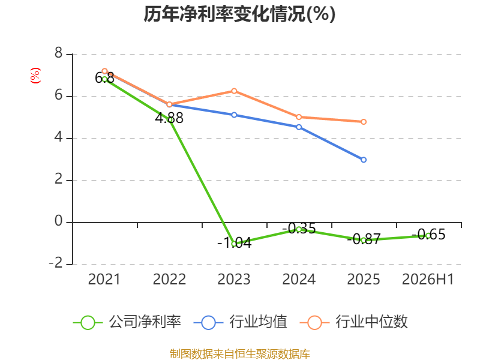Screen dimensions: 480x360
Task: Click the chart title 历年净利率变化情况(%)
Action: tap(239, 14)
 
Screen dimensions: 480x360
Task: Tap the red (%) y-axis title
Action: tap(35, 76)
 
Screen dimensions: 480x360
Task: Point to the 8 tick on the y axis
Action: tap(58, 53)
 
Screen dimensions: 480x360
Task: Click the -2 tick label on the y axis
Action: tap(56, 263)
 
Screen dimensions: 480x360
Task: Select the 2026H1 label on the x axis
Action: tap(428, 280)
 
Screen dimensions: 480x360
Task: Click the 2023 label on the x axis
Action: tap(234, 280)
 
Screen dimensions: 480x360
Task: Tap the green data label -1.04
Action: tap(235, 243)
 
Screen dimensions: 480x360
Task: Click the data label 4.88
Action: tap(169, 118)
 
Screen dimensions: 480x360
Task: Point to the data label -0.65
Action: tap(428, 235)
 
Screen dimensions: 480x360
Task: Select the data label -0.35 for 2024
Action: tap(299, 229)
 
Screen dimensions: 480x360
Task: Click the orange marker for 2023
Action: tap(234, 91)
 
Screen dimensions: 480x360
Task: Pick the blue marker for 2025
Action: tap(364, 160)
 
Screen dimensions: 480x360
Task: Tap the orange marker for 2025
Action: tap(364, 122)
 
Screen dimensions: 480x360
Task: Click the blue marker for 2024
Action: tap(299, 127)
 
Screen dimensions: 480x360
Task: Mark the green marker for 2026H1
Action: tap(428, 236)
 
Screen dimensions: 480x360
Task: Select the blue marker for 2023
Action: tap(234, 115)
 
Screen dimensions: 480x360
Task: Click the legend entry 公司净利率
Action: tap(127, 322)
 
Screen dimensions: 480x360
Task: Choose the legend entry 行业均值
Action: tap(241, 322)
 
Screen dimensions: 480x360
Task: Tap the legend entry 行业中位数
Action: tap(354, 322)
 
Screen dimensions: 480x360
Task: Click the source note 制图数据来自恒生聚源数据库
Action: tap(239, 354)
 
